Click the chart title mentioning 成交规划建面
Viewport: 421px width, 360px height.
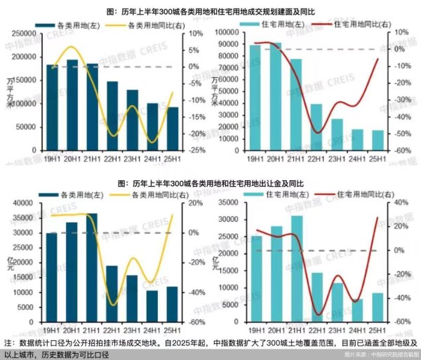pos(210,11)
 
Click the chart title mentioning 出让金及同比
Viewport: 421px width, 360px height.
pos(210,182)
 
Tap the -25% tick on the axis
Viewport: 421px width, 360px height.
pos(196,150)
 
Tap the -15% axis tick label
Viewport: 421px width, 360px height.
pos(196,116)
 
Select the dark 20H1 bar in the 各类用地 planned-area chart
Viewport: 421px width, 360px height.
pos(72,105)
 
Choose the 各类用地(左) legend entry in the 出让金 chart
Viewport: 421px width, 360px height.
pos(76,194)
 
